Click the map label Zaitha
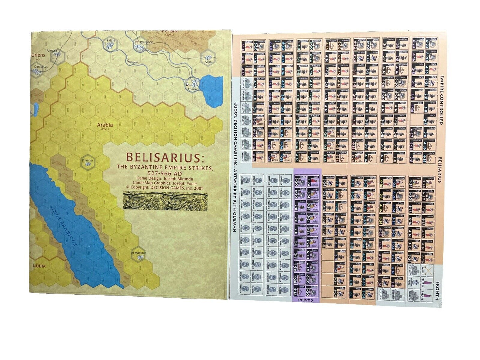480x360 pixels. (x=111, y=41)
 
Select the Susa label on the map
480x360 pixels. (x=208, y=62)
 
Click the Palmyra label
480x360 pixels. (x=51, y=51)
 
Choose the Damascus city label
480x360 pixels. (x=41, y=66)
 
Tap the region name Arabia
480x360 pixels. (x=105, y=125)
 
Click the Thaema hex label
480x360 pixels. (x=87, y=160)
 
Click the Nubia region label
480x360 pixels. (x=39, y=266)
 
